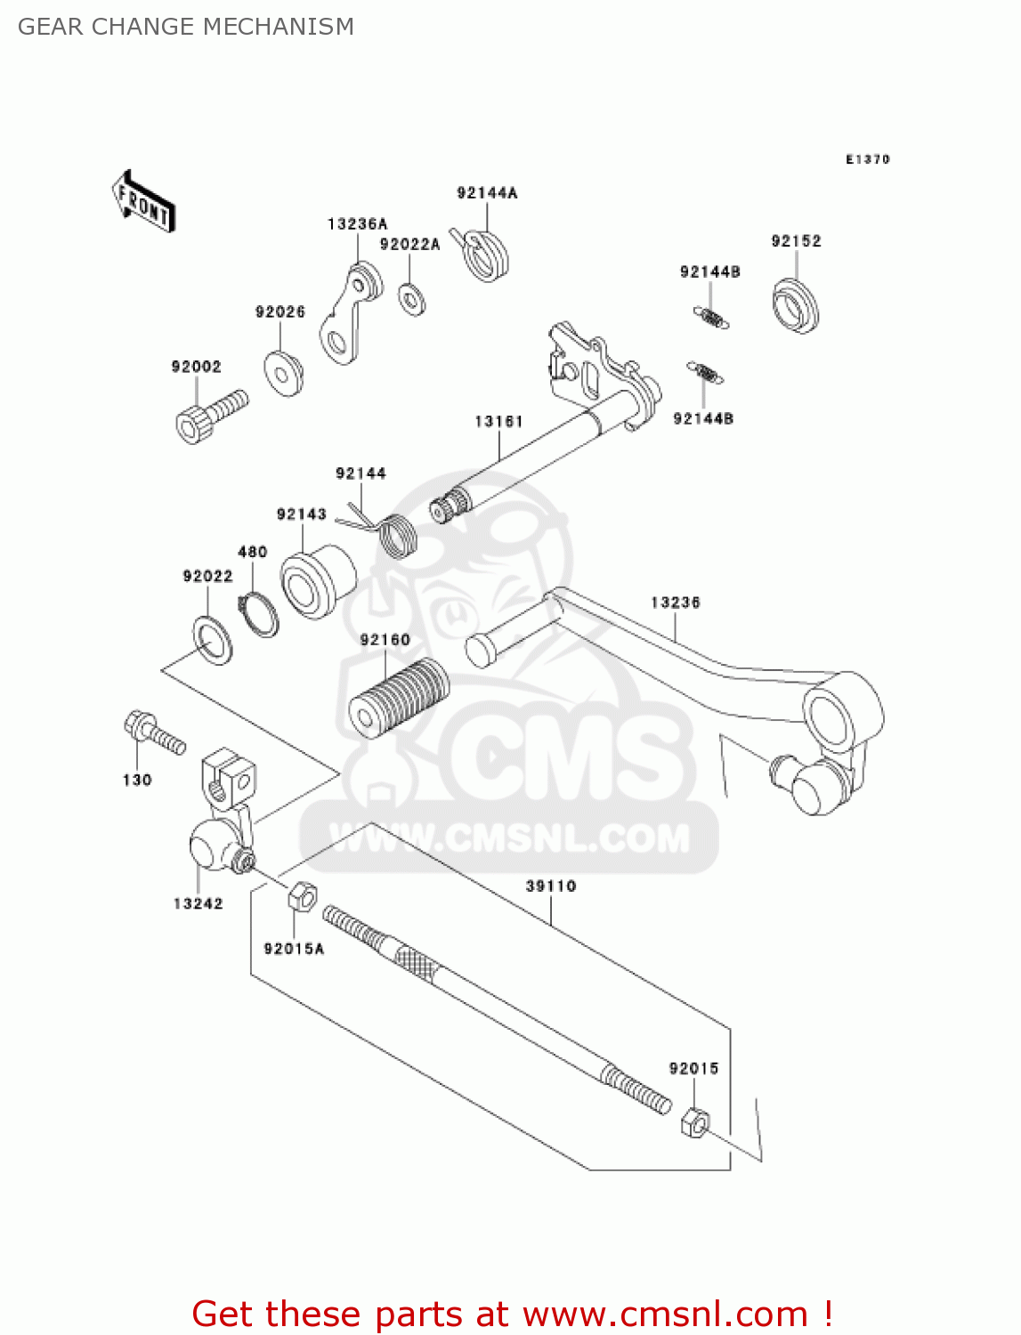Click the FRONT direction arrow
pos(143,201)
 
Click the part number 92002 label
pos(196,367)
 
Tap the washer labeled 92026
pos(284,372)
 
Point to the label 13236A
pos(357,224)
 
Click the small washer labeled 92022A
pos(411,298)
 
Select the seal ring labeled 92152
pos(795,305)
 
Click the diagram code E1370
pos(867,159)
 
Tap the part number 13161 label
pos(498,421)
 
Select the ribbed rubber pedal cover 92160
pos(398,697)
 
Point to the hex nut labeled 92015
pos(694,1124)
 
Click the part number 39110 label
pos(550,886)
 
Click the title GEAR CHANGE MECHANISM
pos(186,27)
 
